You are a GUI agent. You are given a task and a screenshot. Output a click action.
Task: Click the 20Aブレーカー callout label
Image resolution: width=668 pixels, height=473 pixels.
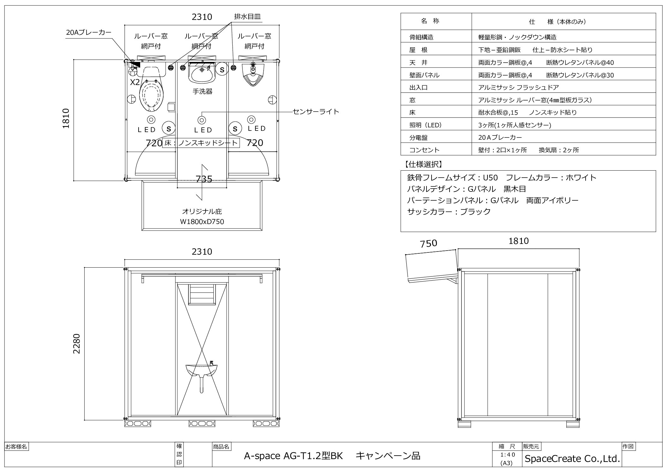88,32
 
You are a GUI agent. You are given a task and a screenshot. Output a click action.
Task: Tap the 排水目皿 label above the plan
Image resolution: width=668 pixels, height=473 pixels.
248,16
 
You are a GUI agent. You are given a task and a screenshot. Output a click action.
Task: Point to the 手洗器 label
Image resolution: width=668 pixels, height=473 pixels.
202,91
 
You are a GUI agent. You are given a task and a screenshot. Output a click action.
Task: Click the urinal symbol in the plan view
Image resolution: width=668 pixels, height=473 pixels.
253,75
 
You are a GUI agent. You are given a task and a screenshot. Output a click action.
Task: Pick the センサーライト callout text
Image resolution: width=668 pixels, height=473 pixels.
316,112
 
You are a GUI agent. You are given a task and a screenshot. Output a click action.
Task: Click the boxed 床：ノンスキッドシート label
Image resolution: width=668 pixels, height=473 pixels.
201,143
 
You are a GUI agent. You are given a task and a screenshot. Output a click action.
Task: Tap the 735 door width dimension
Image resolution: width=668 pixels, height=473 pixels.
204,179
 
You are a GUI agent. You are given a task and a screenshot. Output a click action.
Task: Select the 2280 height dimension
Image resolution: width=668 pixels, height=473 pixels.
77,343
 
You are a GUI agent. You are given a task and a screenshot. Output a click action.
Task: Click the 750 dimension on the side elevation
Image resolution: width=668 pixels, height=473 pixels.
428,243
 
